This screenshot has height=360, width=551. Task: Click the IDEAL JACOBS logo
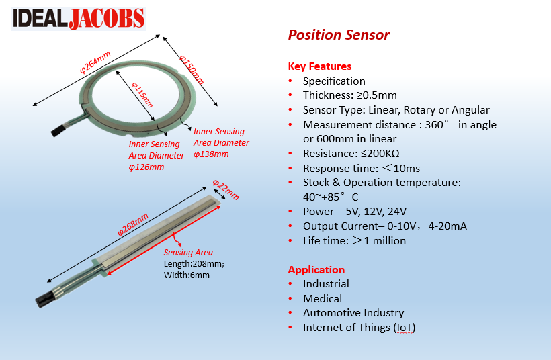78,18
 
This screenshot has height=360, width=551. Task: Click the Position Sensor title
339,35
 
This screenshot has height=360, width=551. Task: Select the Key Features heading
320,66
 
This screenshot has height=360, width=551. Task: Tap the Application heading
316,269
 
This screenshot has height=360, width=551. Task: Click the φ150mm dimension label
192,67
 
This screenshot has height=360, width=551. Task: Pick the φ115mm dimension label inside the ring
142,95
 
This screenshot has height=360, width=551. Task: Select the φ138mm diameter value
211,154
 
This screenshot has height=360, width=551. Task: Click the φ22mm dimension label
226,189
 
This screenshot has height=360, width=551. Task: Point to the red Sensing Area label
188,253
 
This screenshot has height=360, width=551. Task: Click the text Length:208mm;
194,264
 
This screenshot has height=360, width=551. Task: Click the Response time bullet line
361,168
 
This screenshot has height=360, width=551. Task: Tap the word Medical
323,298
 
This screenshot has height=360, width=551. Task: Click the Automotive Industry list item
353,312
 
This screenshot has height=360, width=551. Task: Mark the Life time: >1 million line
354,240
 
